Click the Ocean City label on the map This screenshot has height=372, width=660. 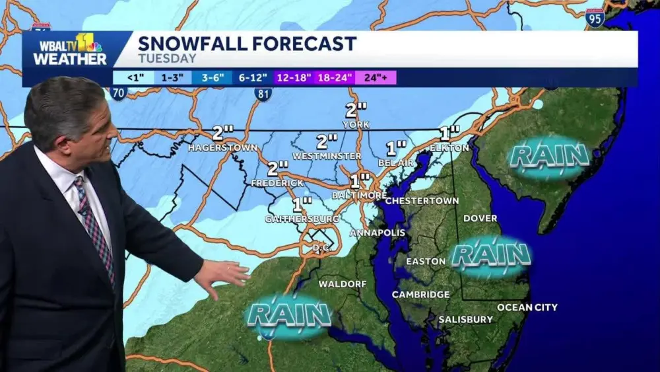(527, 307)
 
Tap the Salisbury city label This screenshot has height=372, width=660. (465, 319)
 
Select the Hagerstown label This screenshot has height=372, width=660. (222, 147)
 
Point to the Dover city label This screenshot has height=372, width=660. (480, 218)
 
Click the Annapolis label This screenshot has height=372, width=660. (374, 233)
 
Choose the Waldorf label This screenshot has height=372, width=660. (343, 283)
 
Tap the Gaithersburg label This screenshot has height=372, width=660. (302, 218)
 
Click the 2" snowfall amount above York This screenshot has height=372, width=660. (356, 111)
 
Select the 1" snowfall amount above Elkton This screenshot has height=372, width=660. (449, 132)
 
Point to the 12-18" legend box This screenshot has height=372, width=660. (294, 77)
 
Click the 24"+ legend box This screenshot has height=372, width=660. (376, 77)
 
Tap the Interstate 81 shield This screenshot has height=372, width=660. (263, 94)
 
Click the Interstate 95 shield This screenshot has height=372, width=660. (595, 18)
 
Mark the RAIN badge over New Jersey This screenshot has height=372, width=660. (549, 157)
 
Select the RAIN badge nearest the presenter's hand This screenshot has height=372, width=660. (288, 315)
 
